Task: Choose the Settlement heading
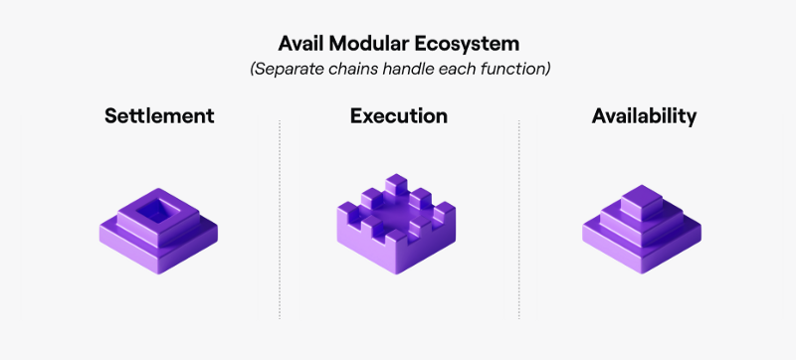(159, 116)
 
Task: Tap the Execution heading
(398, 116)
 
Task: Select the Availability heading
(644, 116)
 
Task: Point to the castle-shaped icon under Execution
(397, 229)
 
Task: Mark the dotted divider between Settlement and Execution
(280, 219)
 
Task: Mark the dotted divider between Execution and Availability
(518, 219)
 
